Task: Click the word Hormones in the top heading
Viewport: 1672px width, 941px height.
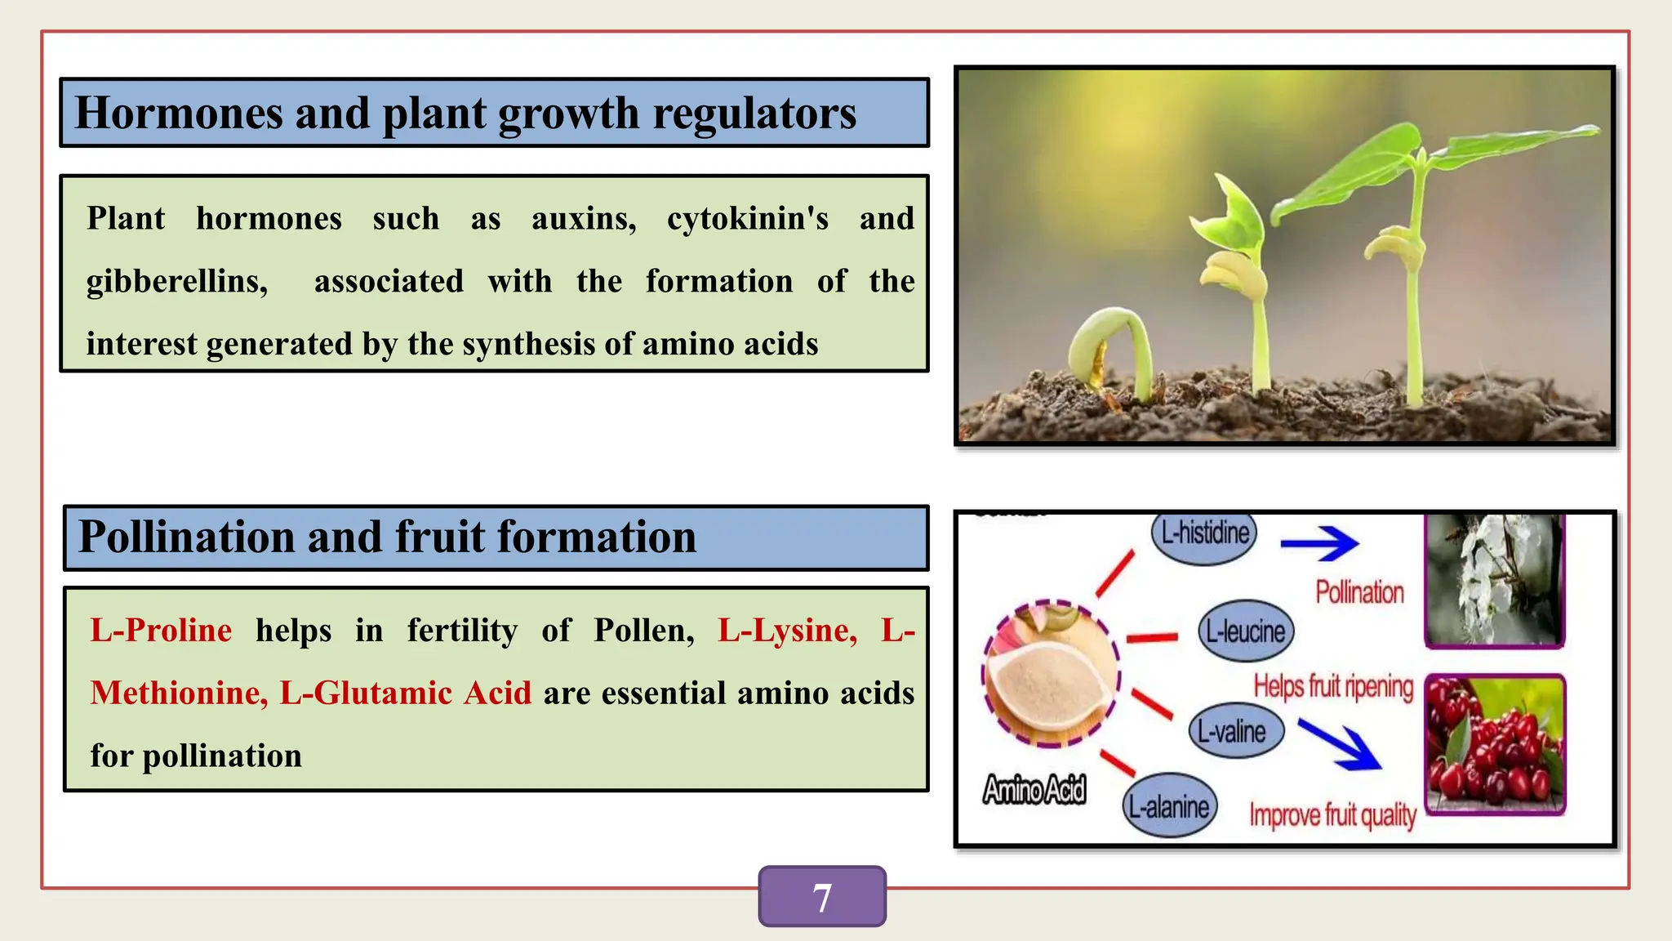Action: point(178,114)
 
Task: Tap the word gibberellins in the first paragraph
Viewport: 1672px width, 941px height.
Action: point(177,282)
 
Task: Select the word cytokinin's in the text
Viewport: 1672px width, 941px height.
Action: point(747,219)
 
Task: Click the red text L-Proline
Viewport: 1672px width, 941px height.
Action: point(161,631)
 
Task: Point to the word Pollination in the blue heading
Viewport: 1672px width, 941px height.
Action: point(185,537)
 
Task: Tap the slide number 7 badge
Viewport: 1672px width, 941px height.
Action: point(822,897)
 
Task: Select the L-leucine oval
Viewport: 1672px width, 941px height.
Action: point(1245,631)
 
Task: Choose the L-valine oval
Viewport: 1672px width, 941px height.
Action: point(1235,731)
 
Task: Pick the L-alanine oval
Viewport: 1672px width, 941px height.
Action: point(1169,807)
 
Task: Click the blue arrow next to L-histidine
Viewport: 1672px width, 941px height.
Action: point(1318,544)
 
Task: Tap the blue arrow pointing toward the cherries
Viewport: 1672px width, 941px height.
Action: point(1340,744)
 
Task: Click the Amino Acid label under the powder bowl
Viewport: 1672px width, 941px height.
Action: point(1034,790)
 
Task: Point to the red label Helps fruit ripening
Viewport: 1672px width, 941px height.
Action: point(1333,686)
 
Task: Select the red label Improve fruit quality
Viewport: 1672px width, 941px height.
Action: point(1332,815)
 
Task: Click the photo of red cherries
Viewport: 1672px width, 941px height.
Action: point(1495,744)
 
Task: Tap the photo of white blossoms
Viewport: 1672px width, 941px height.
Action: point(1494,580)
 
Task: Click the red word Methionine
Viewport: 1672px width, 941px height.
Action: point(178,693)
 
